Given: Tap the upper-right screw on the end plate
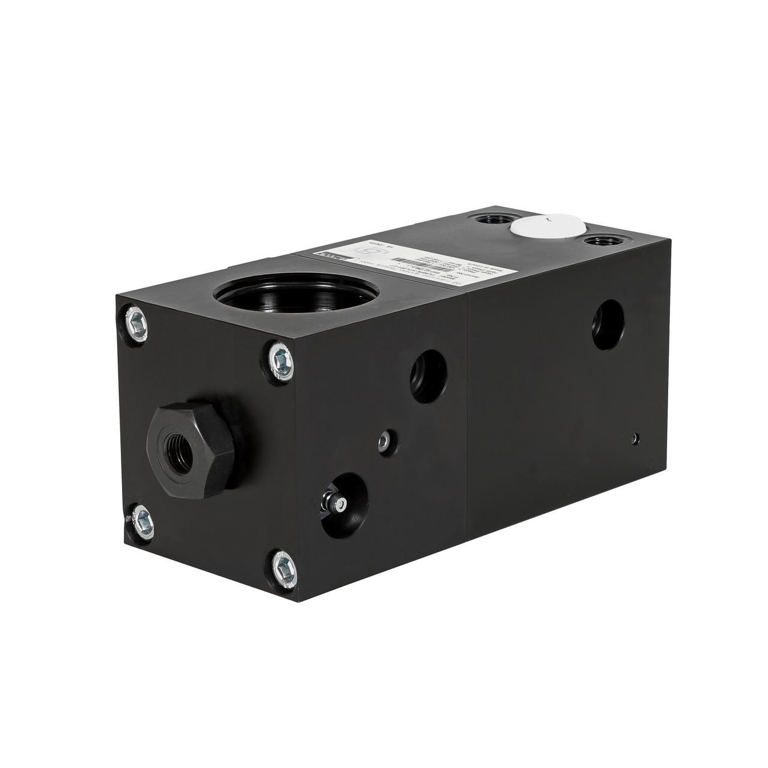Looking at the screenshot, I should click(280, 362).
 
